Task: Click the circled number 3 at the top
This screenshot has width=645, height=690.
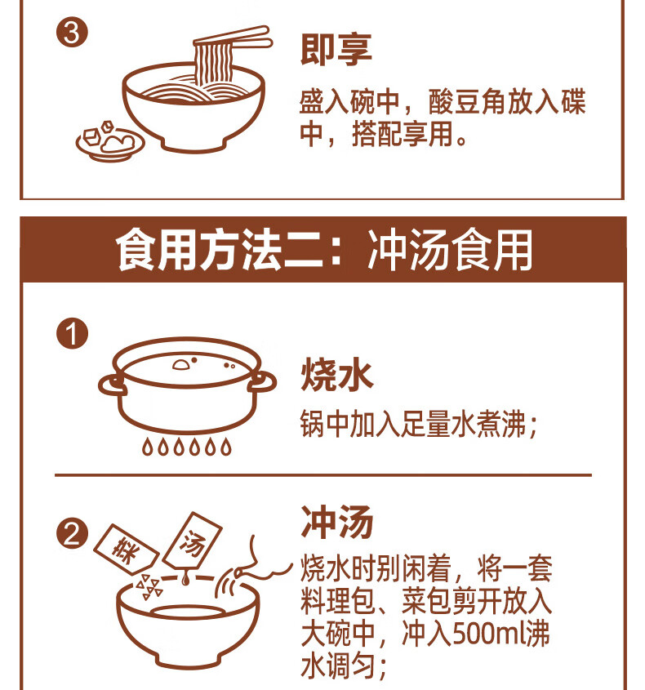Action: [x=72, y=33]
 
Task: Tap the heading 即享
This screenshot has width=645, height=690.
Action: [x=336, y=49]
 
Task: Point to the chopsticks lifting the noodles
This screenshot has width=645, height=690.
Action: [x=234, y=38]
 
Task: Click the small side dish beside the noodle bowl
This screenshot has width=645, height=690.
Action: [x=110, y=140]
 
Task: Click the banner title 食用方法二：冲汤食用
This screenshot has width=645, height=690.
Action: [x=324, y=250]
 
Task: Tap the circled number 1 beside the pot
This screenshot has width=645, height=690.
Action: [x=72, y=333]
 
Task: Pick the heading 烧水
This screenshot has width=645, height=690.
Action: [x=336, y=375]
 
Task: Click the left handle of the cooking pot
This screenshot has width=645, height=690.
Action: [x=112, y=386]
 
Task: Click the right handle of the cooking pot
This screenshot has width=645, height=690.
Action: [x=262, y=382]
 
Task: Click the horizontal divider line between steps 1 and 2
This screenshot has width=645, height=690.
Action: [x=323, y=475]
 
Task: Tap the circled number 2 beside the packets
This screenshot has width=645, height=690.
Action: [x=72, y=534]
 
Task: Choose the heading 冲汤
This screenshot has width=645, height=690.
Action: [x=336, y=522]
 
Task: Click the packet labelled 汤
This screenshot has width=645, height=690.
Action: [x=192, y=541]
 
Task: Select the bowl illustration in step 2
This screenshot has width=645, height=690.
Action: [x=188, y=625]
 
